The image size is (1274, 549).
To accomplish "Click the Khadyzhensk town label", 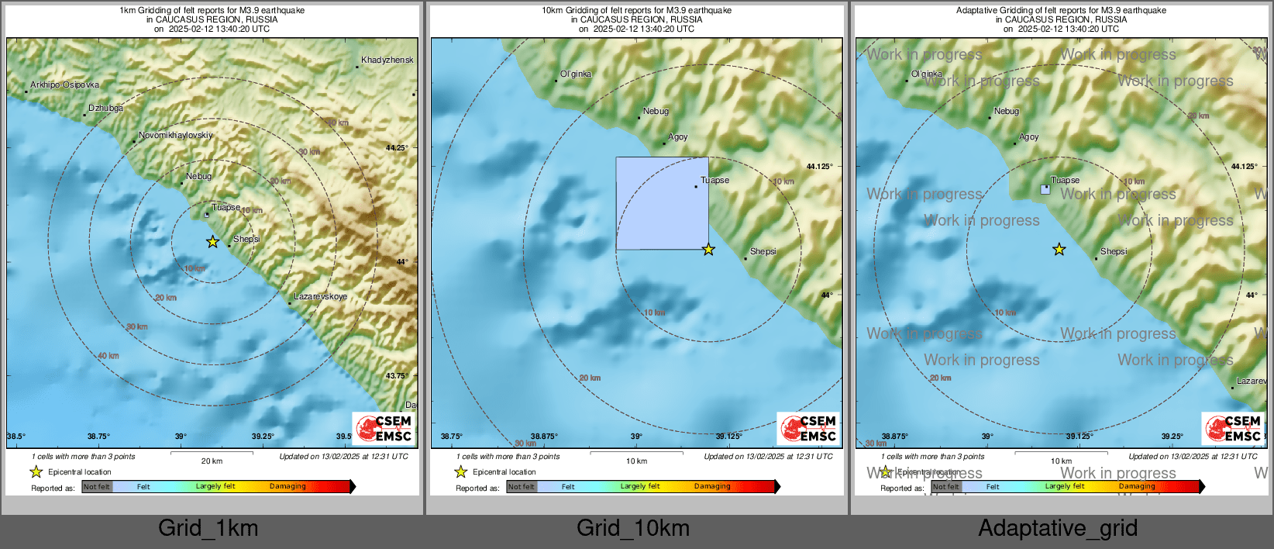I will pos(387,60).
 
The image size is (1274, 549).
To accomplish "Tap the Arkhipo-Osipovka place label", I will pos(64,85).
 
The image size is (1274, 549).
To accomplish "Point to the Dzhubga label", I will pos(105,109).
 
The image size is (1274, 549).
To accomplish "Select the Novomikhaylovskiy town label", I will pos(175,136).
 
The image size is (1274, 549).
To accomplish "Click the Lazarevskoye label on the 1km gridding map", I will pos(321,297).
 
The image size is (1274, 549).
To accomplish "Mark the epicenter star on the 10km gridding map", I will pos(708,250).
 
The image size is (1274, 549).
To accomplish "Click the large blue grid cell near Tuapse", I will pos(662,203).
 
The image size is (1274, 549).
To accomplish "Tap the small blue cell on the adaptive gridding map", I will pos(1045,189).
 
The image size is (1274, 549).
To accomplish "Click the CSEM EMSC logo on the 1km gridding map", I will pos(384,428).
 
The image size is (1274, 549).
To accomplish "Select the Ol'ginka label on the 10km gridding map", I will pos(576,74).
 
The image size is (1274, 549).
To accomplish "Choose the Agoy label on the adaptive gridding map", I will pos(1028,137).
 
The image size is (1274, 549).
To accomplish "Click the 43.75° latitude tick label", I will pos(397,376).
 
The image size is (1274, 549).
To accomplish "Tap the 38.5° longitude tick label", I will pos(16,437).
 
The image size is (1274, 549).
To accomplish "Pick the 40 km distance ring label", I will pos(108,356).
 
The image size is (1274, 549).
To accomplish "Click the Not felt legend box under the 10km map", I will pos(522,487).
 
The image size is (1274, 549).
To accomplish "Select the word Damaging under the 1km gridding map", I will pos(288,487).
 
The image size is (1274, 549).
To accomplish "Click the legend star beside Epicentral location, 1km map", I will pos(36,471).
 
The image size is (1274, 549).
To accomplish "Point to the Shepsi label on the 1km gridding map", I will pos(246,240).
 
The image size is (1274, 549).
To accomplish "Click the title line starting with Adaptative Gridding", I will pos(1061,11).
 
